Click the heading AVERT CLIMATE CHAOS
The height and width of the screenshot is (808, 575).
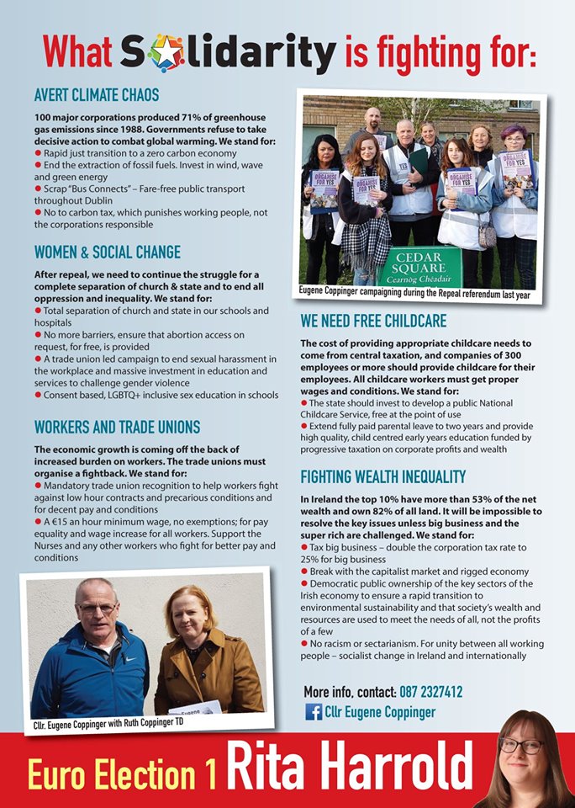pos(97,94)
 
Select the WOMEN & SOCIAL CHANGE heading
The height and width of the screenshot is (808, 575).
pos(107,252)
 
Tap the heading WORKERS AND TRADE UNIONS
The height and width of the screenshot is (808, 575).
pos(117,427)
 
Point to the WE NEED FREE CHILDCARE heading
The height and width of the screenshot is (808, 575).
pos(373,321)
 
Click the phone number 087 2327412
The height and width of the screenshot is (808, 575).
pos(430,692)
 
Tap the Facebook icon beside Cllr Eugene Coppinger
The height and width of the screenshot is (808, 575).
pos(313,712)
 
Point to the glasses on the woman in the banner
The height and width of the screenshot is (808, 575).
pos(520,746)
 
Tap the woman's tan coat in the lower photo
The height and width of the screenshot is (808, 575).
pos(206,673)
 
